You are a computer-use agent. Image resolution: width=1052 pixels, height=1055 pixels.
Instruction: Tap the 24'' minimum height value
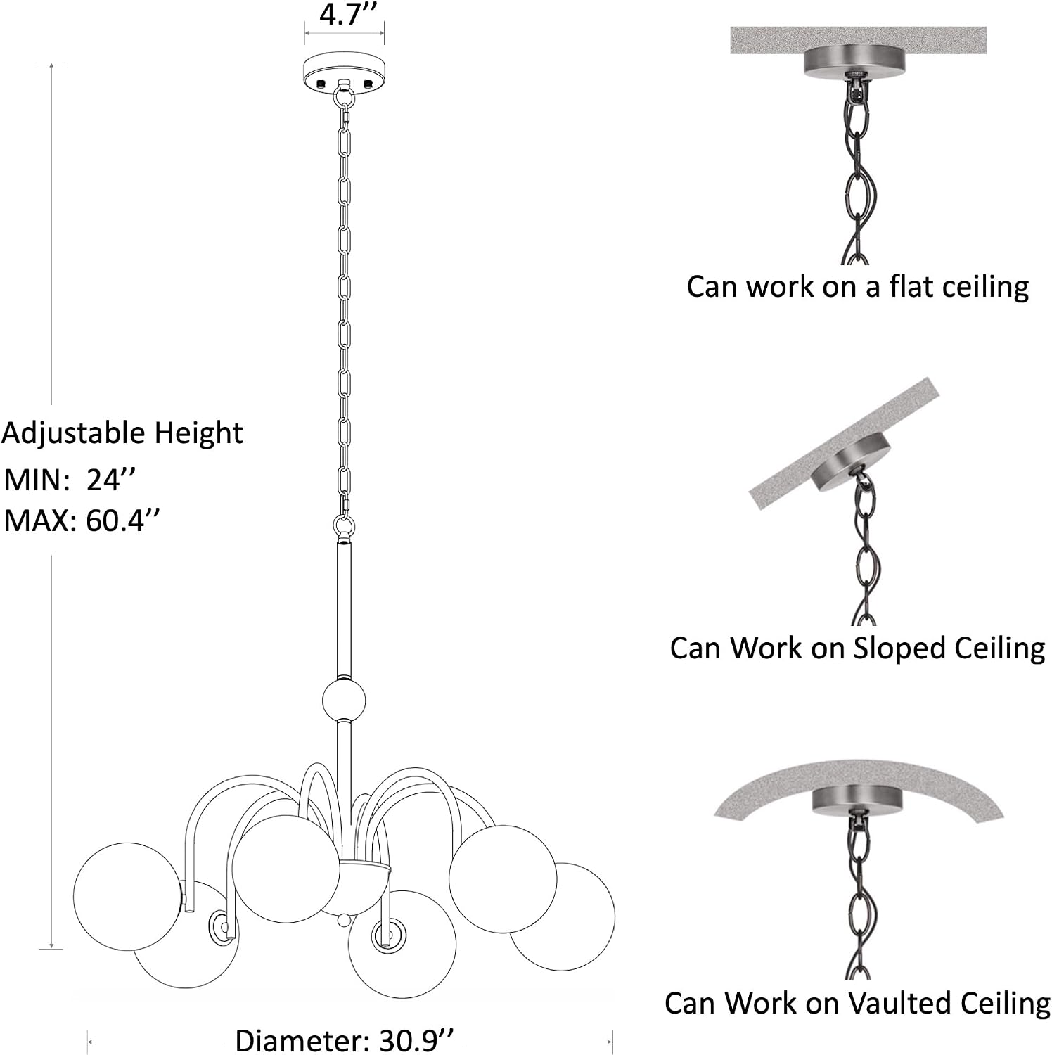tap(110, 480)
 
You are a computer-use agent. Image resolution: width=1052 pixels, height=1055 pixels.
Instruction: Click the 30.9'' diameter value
tap(413, 1040)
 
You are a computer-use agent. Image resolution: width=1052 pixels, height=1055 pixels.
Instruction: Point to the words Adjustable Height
tap(122, 433)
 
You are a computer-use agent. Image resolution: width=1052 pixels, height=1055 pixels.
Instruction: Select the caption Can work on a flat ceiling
tap(857, 286)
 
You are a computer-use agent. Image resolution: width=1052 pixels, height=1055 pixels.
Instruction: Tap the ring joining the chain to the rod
tap(344, 526)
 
